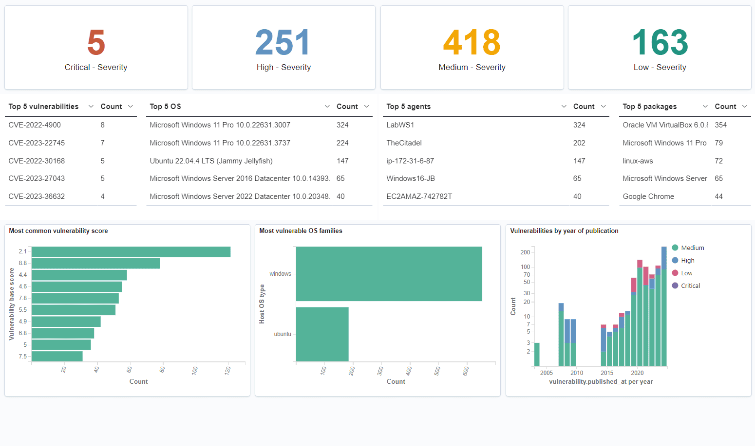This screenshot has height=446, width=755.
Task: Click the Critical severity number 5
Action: pos(96,43)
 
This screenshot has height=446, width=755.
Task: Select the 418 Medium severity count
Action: pos(472,43)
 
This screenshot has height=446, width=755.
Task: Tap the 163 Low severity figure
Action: pos(660,43)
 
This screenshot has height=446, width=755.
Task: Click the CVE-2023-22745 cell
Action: pos(37,143)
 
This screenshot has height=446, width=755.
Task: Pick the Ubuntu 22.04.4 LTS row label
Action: pos(211,161)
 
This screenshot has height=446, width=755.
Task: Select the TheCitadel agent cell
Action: pos(404,143)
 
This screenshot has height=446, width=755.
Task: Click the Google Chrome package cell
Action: pos(648,196)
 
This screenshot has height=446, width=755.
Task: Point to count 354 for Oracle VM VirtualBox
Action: pos(720,125)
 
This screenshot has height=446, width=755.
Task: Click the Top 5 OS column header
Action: pos(165,107)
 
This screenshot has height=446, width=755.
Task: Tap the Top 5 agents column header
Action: pos(408,107)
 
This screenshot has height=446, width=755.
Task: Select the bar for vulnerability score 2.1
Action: pos(131,251)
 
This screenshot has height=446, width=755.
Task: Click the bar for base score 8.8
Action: pos(95,263)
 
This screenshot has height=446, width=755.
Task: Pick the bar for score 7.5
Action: pos(57,357)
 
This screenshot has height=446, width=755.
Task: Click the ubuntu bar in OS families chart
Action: pos(322,334)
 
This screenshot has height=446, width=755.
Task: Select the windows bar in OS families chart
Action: pos(389,274)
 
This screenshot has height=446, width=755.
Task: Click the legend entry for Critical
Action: pos(690,285)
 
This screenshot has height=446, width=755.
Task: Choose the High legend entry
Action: pos(687,260)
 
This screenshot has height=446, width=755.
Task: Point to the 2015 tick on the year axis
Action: pos(607,373)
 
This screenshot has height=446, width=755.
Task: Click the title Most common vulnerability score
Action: pos(58,231)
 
